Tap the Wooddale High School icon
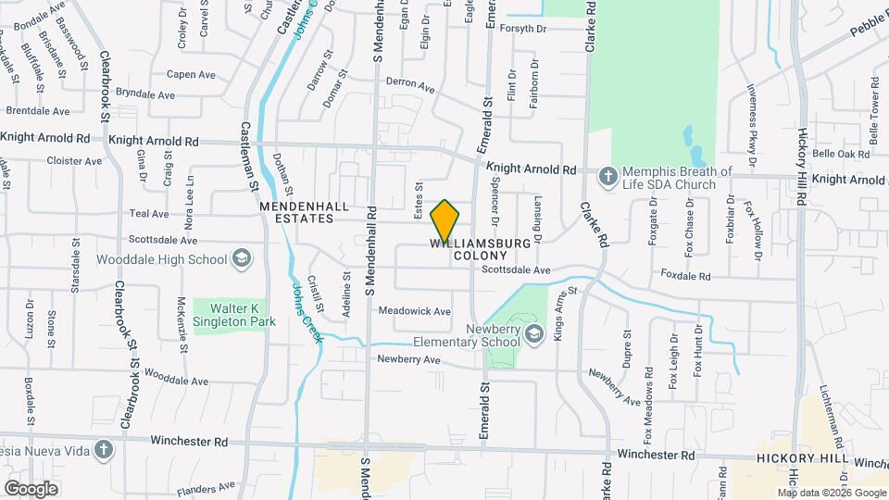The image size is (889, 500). tap(242, 257)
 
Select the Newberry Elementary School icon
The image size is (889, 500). tap(532, 332)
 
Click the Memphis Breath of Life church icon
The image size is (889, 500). tap(608, 175)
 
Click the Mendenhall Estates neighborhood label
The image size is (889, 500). tap(296, 212)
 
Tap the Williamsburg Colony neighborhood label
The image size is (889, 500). tap(482, 249)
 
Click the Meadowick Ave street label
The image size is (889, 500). tap(414, 311)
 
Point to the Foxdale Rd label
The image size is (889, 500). tap(685, 275)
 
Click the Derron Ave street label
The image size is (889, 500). tap(410, 84)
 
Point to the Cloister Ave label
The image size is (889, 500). tap(74, 160)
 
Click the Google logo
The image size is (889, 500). tap(31, 489)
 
